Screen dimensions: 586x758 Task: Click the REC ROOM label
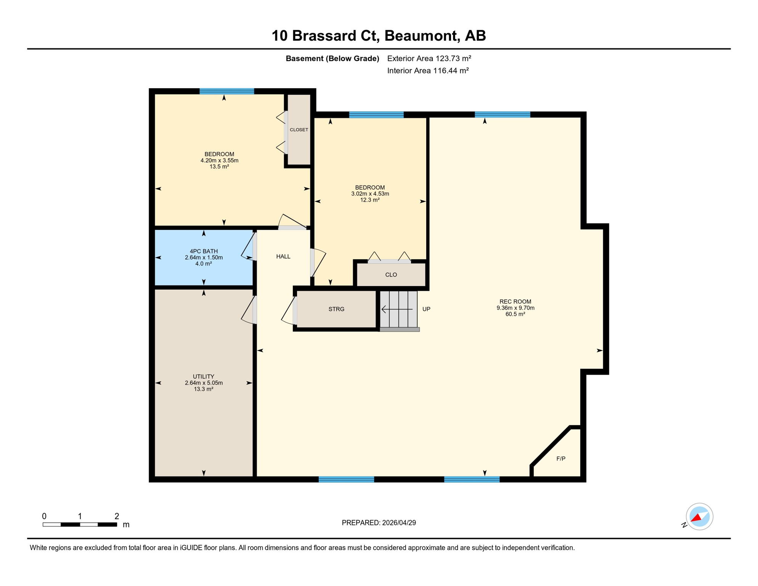coord(515,301)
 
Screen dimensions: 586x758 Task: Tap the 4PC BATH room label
coord(204,251)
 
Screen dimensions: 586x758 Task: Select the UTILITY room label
coord(203,376)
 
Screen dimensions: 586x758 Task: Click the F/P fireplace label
coord(560,459)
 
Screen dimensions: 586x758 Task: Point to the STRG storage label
coord(336,309)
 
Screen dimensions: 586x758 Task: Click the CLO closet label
coord(391,275)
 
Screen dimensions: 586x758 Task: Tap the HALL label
coord(283,256)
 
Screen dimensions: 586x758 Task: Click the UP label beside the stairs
coord(426,309)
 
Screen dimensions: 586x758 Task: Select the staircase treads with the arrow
coord(398,309)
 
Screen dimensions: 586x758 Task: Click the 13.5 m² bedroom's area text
coord(219,167)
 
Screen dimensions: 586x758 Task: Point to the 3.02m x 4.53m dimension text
coord(370,194)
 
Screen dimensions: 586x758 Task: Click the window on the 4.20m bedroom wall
coord(226,91)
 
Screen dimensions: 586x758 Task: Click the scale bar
coord(80,525)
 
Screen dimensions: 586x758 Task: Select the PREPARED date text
coord(378,523)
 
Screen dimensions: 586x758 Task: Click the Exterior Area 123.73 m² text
coord(429,58)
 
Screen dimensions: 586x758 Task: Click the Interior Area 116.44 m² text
coord(427,71)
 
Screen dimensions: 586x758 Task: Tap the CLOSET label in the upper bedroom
coord(299,130)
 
